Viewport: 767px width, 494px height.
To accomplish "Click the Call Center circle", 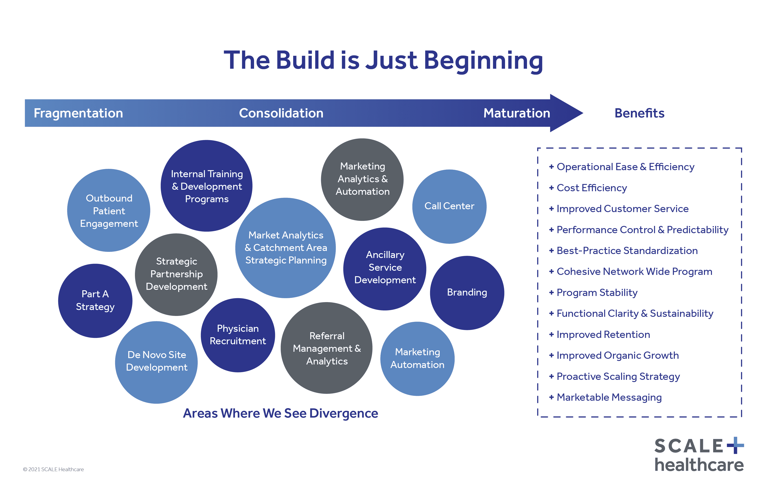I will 449,206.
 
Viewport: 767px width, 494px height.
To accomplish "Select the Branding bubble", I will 467,292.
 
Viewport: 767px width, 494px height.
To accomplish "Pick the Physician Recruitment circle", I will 238,335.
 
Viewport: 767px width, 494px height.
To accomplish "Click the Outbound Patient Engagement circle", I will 109,210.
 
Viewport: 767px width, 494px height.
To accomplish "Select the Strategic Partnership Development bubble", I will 176,274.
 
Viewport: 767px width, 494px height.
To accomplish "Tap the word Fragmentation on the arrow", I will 78,113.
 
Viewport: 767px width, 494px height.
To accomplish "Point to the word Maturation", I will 517,113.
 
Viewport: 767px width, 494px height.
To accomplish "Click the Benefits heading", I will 639,113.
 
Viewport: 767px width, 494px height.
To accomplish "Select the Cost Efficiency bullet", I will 591,188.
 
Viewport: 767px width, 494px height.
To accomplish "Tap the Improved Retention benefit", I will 603,335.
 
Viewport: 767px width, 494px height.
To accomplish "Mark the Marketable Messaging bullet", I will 609,397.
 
